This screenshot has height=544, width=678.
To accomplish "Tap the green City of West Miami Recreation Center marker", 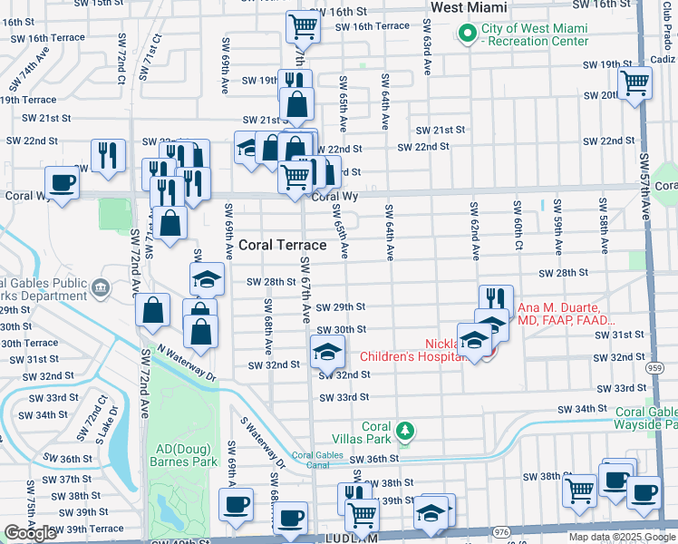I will (468, 34).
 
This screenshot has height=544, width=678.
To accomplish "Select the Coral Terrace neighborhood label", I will (283, 245).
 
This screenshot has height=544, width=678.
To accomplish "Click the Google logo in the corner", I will (30, 533).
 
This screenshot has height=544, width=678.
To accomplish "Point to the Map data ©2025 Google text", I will (621, 537).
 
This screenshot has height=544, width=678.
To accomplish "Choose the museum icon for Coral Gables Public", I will (100, 288).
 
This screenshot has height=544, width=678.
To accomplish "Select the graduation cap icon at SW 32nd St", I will (327, 350).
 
